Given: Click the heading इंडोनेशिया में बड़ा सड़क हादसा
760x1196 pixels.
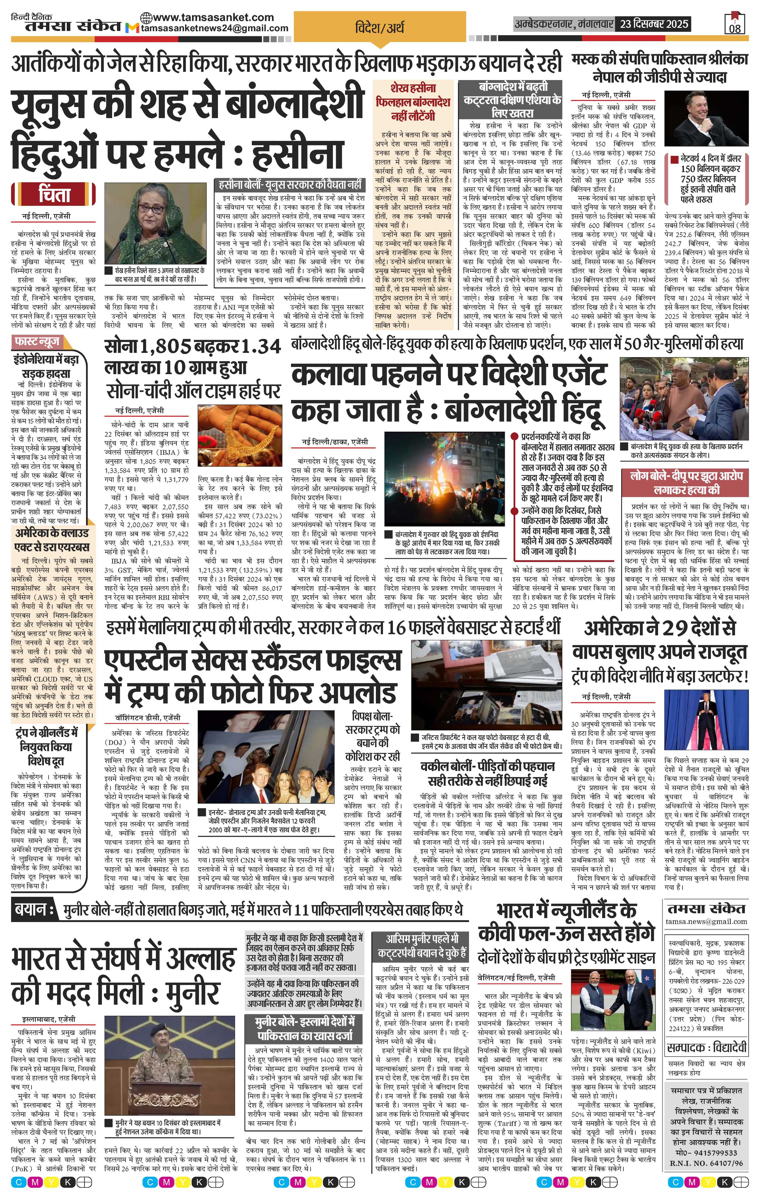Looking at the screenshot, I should [x=45, y=366].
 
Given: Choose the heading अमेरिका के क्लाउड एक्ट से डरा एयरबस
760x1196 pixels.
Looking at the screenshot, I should [x=52, y=540].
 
